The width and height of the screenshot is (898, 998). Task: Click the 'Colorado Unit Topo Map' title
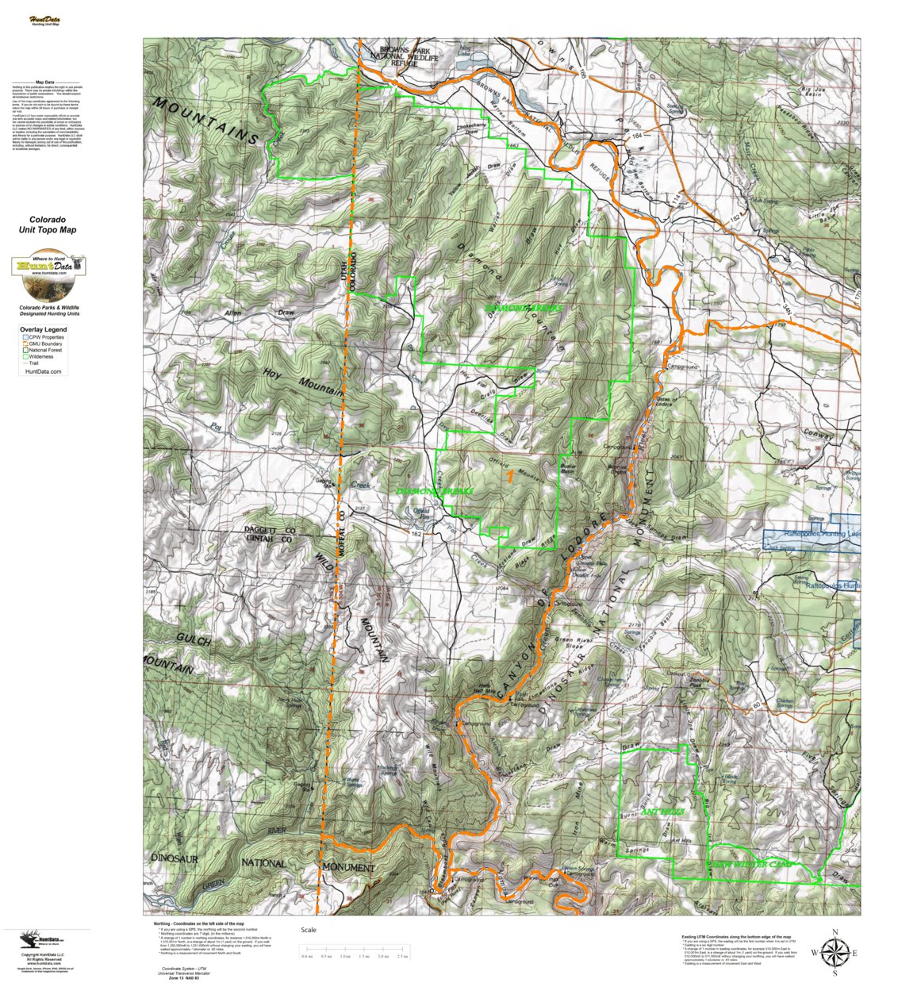48,225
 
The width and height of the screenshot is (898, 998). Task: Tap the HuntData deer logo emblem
48,264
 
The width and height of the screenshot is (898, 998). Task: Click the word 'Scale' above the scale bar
309,930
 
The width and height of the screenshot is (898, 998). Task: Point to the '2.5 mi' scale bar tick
402,956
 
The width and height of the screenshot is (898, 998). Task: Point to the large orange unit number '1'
509,477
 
